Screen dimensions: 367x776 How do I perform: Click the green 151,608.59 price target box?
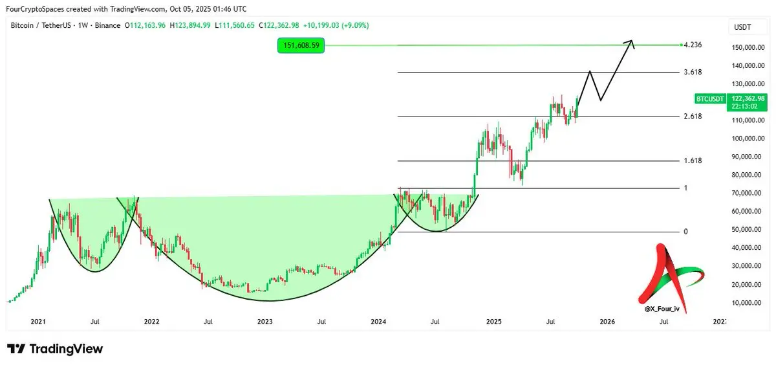[x=301, y=45]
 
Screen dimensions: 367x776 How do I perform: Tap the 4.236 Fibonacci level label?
[x=693, y=45]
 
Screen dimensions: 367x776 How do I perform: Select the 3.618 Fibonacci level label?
[x=693, y=72]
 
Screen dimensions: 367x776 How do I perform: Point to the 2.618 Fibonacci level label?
[x=693, y=117]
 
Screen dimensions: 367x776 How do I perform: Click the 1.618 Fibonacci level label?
[x=693, y=161]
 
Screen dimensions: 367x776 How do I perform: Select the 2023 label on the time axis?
[x=265, y=321]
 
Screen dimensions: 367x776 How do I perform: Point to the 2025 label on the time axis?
[x=494, y=321]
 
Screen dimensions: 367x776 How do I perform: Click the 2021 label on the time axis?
[x=38, y=321]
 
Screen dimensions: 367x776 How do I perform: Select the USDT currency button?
[x=741, y=27]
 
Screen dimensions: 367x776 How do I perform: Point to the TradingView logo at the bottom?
[x=55, y=349]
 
